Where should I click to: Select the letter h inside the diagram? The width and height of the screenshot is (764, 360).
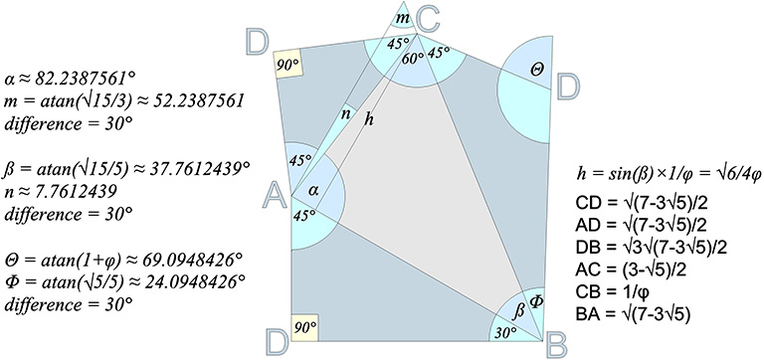pyautogui.click(x=370, y=120)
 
